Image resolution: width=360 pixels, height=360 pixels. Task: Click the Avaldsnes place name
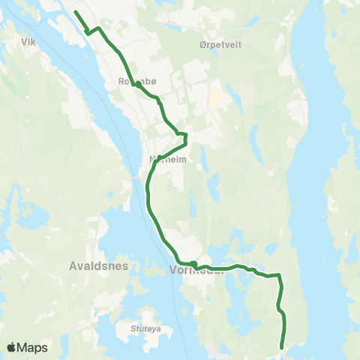(100, 266)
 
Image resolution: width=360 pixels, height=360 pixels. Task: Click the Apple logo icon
(12, 347)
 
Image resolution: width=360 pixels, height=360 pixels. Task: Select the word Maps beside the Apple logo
(33, 347)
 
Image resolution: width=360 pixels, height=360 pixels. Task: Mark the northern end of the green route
(75, 11)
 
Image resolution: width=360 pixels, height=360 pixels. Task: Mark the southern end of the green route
(282, 346)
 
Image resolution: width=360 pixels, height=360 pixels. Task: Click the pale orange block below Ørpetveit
(214, 98)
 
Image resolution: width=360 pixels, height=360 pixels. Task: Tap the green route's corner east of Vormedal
(280, 275)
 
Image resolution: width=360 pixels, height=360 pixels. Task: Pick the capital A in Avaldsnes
(73, 266)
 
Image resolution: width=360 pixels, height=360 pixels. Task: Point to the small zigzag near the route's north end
(88, 31)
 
